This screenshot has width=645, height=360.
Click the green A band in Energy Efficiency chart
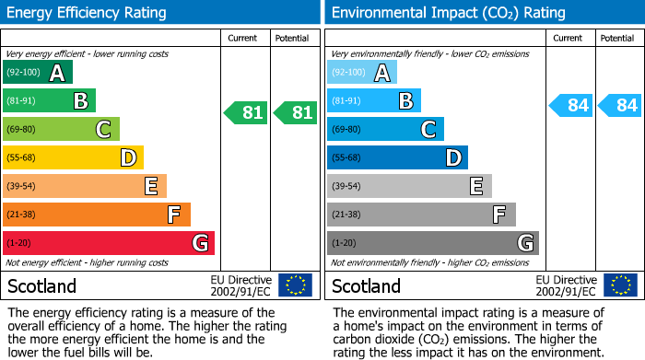click(x=37, y=73)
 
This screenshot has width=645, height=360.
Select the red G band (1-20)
click(x=108, y=243)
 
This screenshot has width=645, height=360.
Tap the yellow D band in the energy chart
click(x=73, y=158)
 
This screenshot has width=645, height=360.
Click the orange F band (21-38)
click(x=96, y=215)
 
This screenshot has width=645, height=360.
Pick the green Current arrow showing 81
click(x=246, y=112)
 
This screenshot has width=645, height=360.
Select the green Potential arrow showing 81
click(x=296, y=112)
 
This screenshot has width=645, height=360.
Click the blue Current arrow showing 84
click(x=570, y=105)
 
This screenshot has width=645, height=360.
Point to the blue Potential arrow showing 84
click(x=620, y=105)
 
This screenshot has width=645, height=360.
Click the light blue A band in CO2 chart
click(x=361, y=73)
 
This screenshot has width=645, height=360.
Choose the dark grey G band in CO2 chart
click(x=432, y=243)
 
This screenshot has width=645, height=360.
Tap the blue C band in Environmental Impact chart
click(x=385, y=130)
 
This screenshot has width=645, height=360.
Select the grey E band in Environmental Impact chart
click(x=409, y=187)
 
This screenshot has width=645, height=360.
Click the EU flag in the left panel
click(x=296, y=285)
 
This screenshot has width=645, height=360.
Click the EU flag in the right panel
click(x=620, y=285)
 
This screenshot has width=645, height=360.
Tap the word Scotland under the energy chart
click(x=42, y=285)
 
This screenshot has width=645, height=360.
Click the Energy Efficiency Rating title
click(x=88, y=13)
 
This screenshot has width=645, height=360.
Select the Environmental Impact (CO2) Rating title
click(x=448, y=13)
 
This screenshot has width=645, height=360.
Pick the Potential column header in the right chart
click(x=617, y=38)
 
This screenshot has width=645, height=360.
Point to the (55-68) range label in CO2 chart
click(x=347, y=158)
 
